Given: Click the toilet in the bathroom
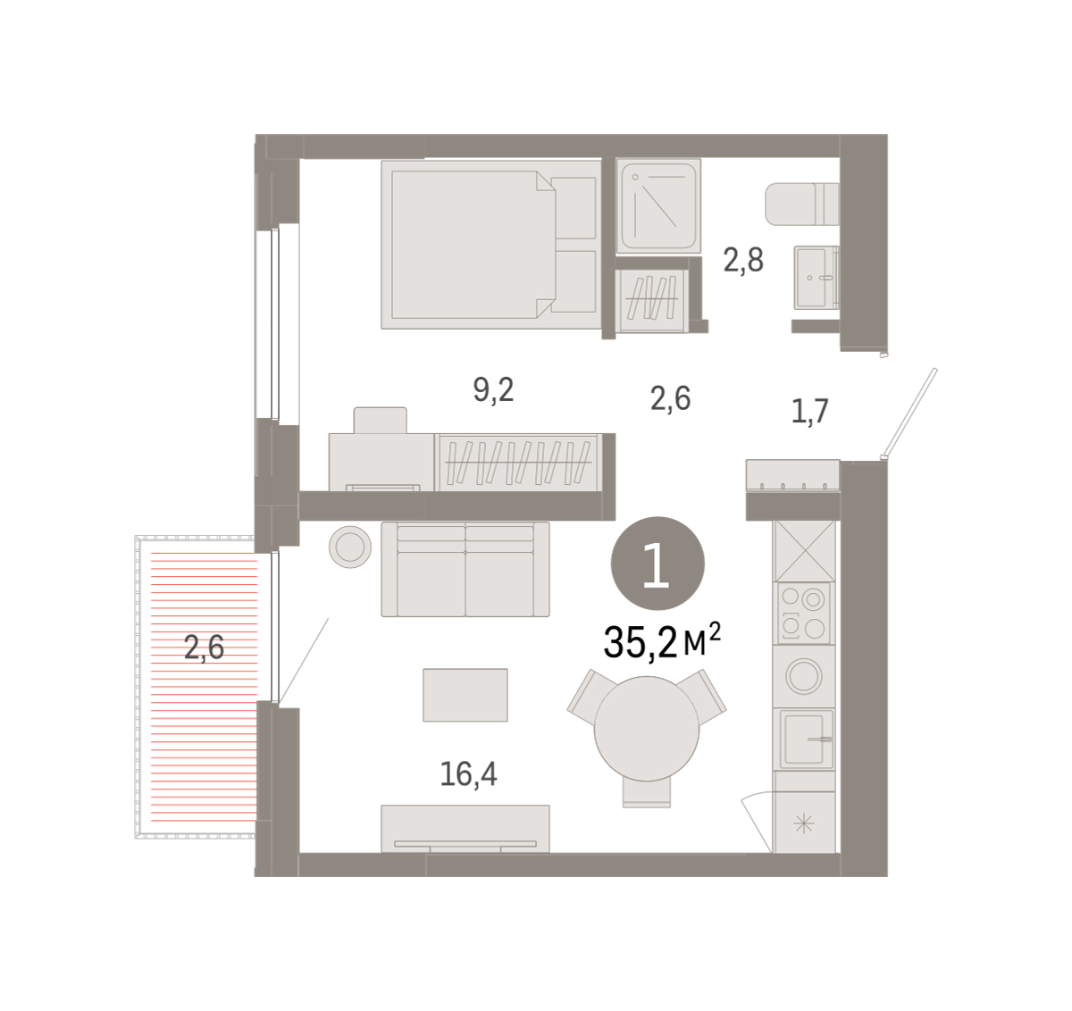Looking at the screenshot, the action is (x=802, y=204).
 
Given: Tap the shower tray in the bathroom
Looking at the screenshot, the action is (x=658, y=205).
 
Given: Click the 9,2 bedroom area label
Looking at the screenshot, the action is (x=493, y=390).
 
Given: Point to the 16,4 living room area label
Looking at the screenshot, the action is (x=468, y=774).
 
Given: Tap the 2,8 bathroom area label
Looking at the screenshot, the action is (x=743, y=260).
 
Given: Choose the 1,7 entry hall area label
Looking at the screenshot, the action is (x=809, y=412).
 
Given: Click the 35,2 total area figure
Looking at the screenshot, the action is (x=641, y=642).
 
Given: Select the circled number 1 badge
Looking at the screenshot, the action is (x=657, y=563).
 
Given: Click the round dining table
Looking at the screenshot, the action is (x=647, y=729).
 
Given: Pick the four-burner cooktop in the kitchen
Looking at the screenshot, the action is (x=804, y=614).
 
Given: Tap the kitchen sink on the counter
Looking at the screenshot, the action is (x=804, y=739).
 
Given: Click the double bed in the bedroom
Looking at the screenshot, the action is (x=491, y=245).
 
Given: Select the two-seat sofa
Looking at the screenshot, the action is (x=465, y=569).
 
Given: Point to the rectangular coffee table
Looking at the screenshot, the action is (x=465, y=695).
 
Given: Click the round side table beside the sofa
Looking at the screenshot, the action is (x=350, y=547).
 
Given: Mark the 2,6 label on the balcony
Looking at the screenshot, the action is (x=204, y=648).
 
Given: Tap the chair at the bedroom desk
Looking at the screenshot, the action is (x=380, y=421).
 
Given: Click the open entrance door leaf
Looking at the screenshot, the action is (x=909, y=413).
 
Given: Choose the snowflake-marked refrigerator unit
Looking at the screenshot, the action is (x=804, y=823).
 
